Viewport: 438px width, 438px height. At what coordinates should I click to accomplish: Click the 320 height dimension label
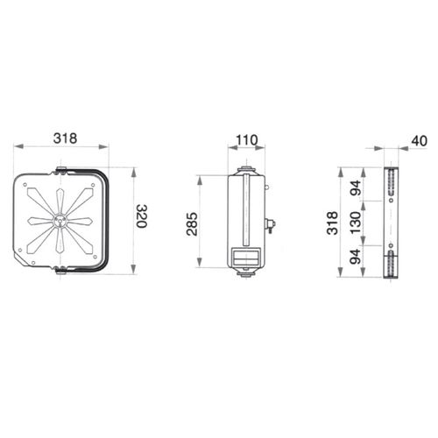click(x=142, y=216)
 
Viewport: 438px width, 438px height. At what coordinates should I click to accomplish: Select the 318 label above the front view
click(x=65, y=138)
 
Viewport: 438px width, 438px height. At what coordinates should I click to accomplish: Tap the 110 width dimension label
click(x=247, y=140)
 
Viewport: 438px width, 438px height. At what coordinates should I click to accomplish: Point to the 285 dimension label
click(x=192, y=224)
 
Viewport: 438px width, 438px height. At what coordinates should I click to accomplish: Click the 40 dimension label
click(x=419, y=141)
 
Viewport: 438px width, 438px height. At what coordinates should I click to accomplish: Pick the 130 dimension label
click(x=356, y=223)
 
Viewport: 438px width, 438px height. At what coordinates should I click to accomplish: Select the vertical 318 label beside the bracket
click(x=332, y=223)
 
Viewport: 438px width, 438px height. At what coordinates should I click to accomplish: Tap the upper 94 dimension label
click(x=356, y=187)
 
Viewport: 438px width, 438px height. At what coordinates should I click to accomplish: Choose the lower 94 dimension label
click(x=356, y=257)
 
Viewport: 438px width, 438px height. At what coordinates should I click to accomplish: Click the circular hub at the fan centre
click(x=60, y=220)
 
